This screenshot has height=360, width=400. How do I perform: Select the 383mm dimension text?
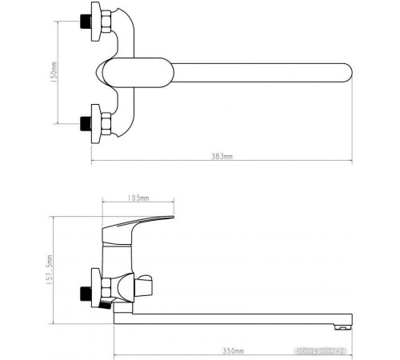[222, 157]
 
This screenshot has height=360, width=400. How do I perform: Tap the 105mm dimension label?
[138, 198]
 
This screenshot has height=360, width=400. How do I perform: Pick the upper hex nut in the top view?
[99, 22]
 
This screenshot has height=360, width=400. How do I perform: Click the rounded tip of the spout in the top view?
[344, 72]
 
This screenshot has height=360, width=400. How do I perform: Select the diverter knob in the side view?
[145, 286]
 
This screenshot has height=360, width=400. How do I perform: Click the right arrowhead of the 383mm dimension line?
[350, 164]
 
